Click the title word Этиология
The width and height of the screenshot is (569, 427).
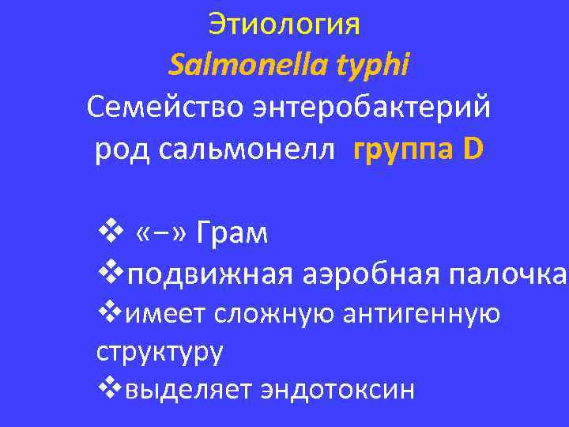tap(284, 25)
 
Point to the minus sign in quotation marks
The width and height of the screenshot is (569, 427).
tap(153, 235)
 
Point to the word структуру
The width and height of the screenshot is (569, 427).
tap(160, 351)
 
